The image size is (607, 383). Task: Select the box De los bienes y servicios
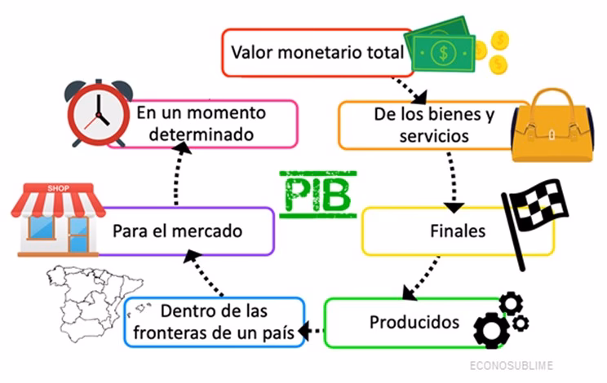[x=423, y=125]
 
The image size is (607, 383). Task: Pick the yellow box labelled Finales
[x=457, y=231]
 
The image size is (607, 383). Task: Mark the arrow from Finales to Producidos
[x=422, y=277]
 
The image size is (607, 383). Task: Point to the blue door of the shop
[x=78, y=236]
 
